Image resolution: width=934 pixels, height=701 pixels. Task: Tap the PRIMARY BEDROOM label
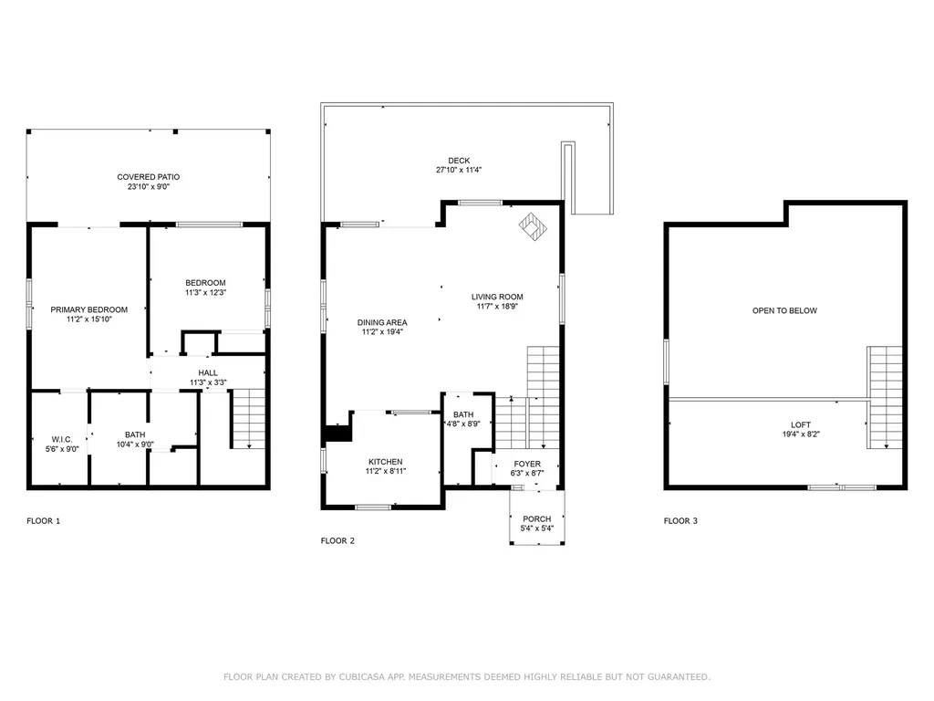(x=89, y=309)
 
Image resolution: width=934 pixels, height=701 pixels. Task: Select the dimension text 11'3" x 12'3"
(x=205, y=293)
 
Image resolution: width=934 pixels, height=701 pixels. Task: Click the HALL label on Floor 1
(x=209, y=372)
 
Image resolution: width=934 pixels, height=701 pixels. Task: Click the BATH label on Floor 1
(x=135, y=435)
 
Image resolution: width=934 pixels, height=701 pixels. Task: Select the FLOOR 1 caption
(x=43, y=521)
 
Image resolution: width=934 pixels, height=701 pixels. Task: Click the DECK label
(x=459, y=161)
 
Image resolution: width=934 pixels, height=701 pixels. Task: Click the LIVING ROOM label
(x=497, y=297)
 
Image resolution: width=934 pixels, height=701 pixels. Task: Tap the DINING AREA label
(x=382, y=322)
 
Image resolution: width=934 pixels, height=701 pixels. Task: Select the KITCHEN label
(x=385, y=462)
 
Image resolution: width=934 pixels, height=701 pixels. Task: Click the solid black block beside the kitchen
(x=338, y=433)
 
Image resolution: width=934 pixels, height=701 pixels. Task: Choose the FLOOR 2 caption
(x=337, y=540)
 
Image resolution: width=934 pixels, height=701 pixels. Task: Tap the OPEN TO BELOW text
(x=784, y=311)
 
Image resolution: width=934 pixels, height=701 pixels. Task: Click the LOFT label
(x=800, y=425)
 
